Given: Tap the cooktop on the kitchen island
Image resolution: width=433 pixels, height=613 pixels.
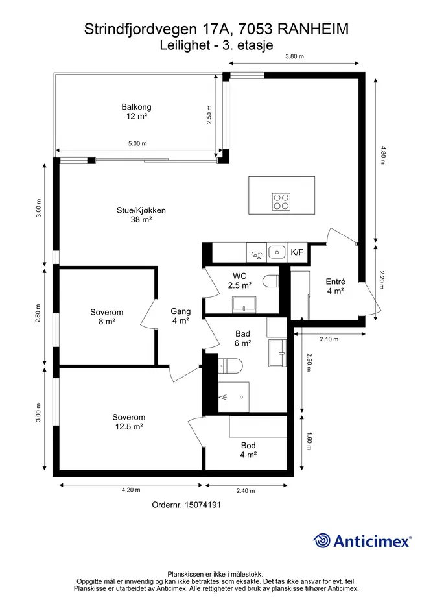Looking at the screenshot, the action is (281, 202).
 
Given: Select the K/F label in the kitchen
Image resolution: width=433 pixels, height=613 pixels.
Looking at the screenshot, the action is (297, 252).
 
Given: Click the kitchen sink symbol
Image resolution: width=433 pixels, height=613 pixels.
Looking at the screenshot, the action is (277, 252).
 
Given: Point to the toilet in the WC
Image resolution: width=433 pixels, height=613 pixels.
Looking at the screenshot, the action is (270, 281).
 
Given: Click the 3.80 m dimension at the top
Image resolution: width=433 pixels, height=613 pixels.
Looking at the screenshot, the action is (295, 56).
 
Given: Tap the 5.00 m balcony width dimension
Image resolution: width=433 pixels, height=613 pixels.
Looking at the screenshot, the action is (137, 143).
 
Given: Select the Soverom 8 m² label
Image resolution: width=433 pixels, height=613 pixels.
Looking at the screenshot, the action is (107, 317).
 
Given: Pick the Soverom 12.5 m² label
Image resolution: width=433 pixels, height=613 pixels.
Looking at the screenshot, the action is (129, 422).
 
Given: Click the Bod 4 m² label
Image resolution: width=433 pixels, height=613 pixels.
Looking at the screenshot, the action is (248, 450).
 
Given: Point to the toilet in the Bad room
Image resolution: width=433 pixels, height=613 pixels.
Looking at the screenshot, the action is (231, 366).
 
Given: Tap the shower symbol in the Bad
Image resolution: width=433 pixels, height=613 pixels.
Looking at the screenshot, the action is (233, 397).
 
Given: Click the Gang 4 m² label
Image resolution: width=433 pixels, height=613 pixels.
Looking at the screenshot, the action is (181, 316).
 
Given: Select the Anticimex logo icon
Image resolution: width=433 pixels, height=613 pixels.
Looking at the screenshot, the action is (322, 541).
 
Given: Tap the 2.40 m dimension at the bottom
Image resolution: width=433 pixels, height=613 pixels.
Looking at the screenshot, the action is (246, 491).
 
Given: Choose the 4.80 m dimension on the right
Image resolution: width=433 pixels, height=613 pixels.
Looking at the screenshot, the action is (383, 155).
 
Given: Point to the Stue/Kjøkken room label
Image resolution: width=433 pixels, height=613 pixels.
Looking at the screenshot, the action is (141, 215).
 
